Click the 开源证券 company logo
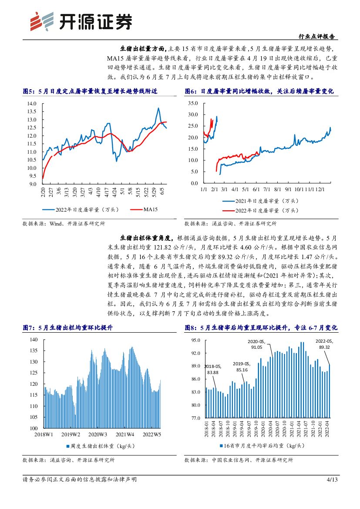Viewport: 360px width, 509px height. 81,21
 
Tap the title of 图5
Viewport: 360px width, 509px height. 89,91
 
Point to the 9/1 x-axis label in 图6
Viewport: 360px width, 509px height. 288,189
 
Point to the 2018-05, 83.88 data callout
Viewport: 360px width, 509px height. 213,370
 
